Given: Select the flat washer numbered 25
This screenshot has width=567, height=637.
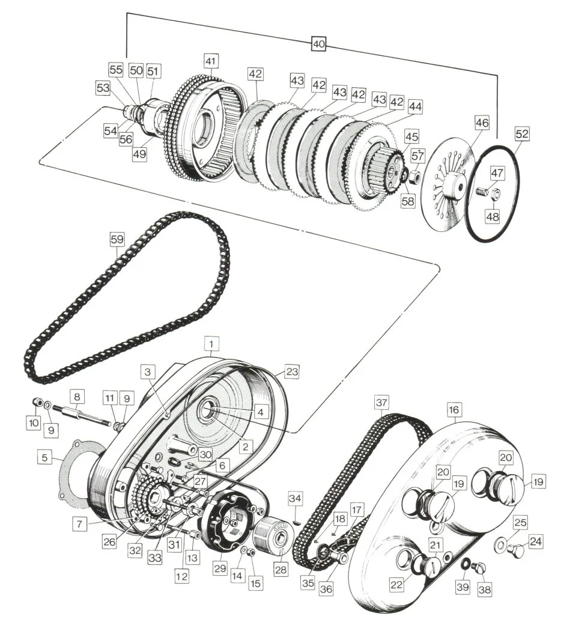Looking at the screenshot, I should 500,545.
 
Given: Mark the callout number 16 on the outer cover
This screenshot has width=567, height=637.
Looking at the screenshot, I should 453,410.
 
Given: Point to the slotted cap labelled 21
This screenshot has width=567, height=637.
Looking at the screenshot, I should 429,567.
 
